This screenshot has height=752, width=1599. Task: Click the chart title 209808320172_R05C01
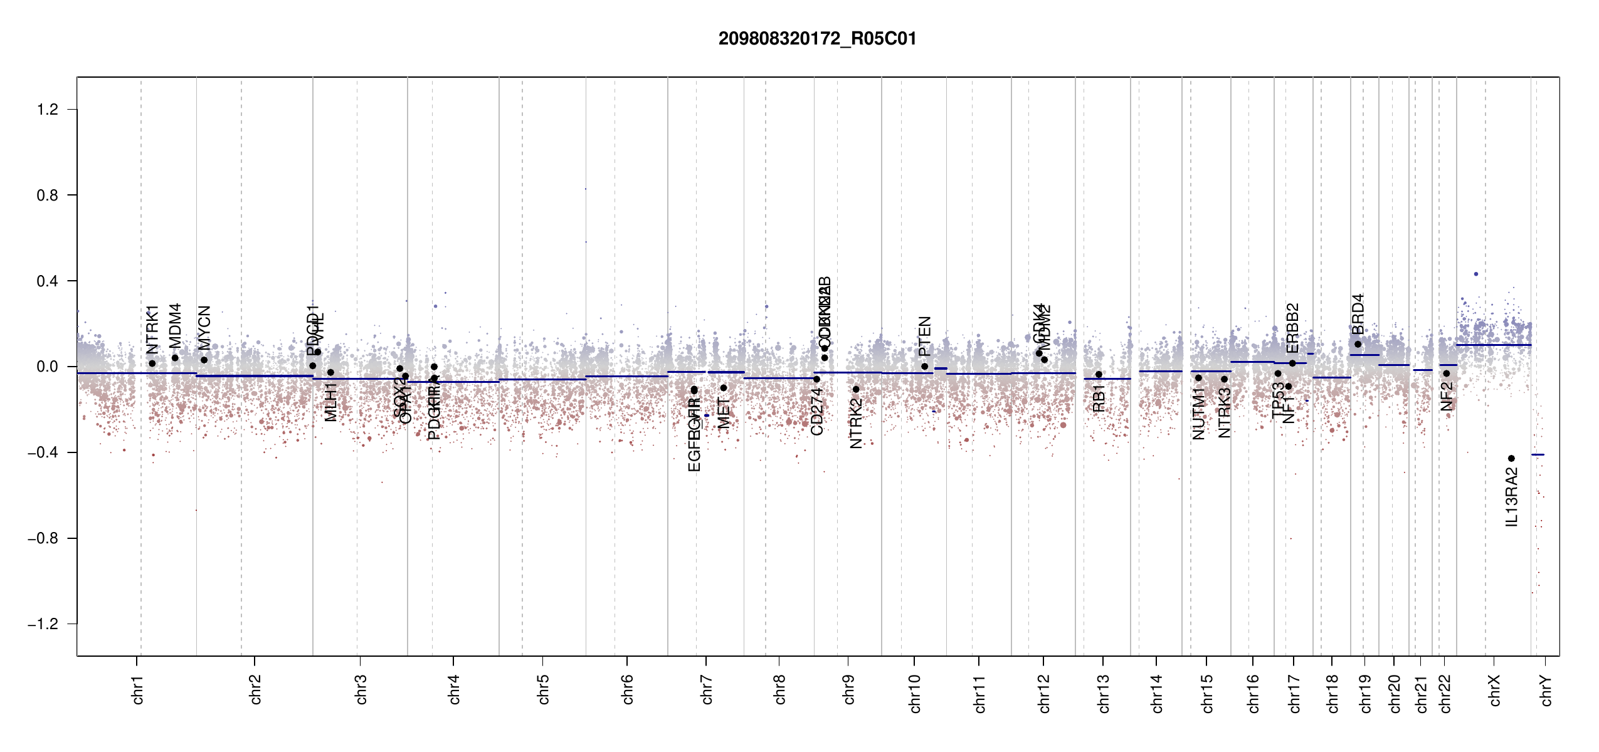tap(817, 39)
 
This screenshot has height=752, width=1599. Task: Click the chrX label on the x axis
tap(1495, 690)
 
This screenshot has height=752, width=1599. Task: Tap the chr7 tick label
tap(707, 689)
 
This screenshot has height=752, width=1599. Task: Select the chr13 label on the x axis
tap(1103, 693)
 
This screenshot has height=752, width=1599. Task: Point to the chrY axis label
tap(1546, 690)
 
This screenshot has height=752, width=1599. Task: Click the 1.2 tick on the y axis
tap(47, 110)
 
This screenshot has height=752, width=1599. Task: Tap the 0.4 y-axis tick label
tap(47, 281)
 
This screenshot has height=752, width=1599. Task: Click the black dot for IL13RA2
tap(1511, 459)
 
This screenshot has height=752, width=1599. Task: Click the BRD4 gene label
tap(1358, 315)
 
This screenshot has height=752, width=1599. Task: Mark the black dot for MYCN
tap(204, 360)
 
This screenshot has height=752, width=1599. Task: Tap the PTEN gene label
tap(924, 337)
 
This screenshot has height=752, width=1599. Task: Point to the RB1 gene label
tap(1099, 399)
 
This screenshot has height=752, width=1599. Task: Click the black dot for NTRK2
tap(856, 389)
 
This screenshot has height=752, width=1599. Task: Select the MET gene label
tap(724, 414)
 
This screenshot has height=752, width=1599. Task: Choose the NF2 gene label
tap(1446, 397)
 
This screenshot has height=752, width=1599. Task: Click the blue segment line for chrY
tap(1538, 454)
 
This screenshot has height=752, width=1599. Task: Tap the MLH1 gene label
tap(330, 402)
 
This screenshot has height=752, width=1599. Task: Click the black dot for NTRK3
tap(1224, 379)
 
